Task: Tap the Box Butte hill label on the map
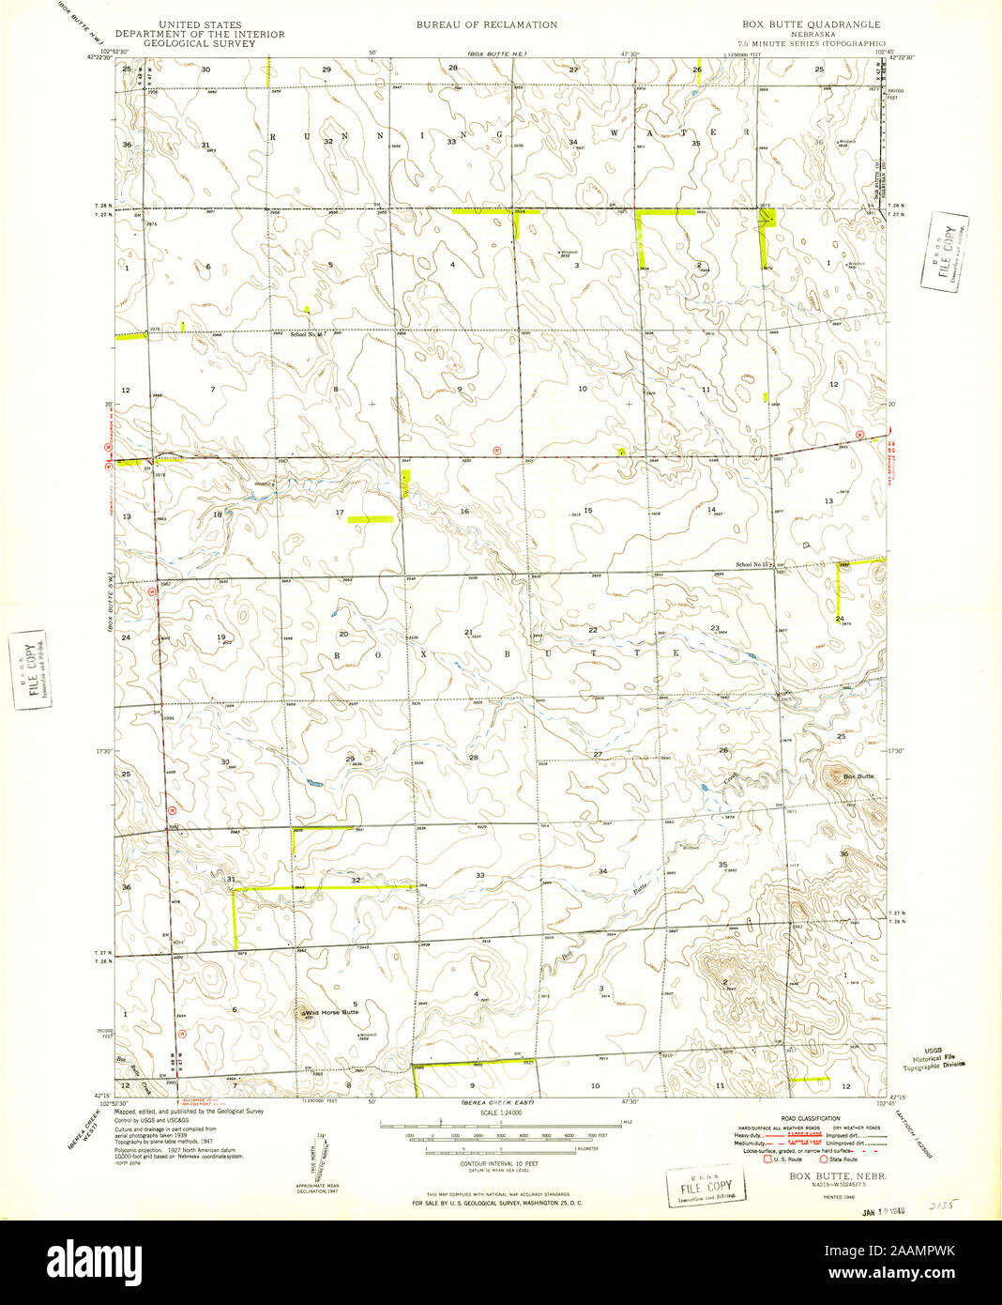858,776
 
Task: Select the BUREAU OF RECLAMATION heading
486,25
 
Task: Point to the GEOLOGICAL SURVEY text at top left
199,43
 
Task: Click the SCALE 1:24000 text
500,1113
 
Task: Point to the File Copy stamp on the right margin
945,253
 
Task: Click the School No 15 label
752,564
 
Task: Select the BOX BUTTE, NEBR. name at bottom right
827,1175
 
